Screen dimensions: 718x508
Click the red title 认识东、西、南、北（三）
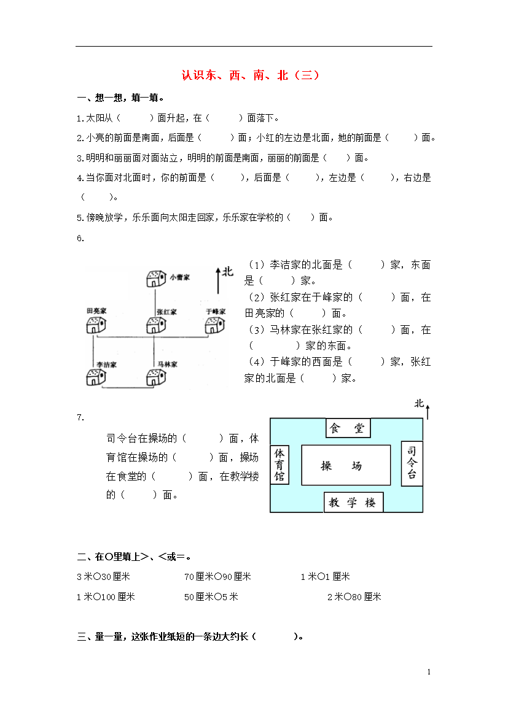click(251, 76)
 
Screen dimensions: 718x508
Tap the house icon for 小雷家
click(155, 279)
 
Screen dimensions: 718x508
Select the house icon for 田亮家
click(95, 325)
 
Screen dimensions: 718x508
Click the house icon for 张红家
click(155, 325)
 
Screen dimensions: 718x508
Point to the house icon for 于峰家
click(215, 325)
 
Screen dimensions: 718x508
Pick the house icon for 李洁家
click(95, 377)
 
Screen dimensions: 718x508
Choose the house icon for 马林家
click(155, 377)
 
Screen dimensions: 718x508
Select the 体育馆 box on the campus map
click(279, 465)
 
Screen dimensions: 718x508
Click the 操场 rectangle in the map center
click(346, 466)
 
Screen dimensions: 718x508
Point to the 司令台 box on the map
click(412, 463)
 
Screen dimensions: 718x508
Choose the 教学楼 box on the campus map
click(353, 503)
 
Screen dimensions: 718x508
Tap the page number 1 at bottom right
click(429, 673)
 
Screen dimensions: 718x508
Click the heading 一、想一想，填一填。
click(120, 98)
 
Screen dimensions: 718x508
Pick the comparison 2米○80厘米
click(354, 596)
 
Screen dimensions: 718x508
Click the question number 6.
click(80, 239)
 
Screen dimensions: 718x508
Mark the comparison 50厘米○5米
click(211, 596)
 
